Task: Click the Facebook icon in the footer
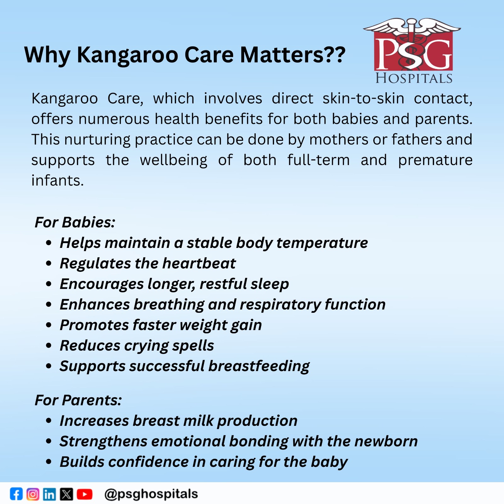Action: coord(16,494)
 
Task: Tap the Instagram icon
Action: coord(33,494)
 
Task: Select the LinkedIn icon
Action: coord(49,494)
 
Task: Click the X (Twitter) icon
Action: coord(66,494)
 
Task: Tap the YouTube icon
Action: coord(84,494)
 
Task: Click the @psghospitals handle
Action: coord(151,494)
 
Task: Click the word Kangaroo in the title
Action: coord(128,55)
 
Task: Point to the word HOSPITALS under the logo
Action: coord(414,78)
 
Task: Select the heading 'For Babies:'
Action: coord(75,222)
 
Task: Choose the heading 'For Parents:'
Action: coord(78,400)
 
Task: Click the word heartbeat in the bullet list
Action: coord(199,263)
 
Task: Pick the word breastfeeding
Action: coord(259,366)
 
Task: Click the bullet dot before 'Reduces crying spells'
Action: coord(49,346)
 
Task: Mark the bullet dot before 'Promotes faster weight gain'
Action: coord(49,325)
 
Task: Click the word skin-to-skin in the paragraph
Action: coord(363,98)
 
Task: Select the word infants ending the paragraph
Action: coord(57,180)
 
